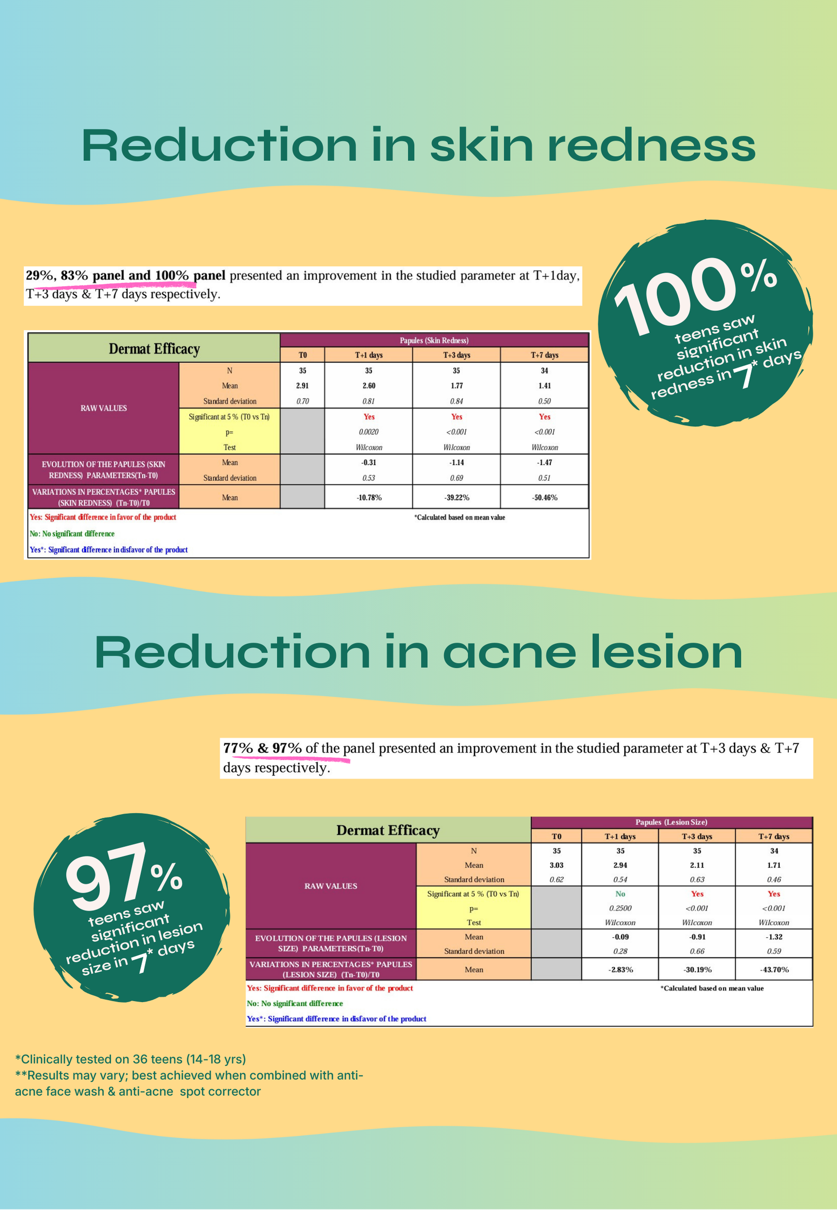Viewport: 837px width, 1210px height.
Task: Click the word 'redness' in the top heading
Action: [651, 145]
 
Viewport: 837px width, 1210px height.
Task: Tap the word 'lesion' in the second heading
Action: [666, 652]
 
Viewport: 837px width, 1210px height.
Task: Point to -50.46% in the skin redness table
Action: [544, 497]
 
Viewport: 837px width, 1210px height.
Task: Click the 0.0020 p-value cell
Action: [369, 432]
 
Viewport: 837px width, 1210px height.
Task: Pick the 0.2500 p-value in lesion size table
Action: [620, 908]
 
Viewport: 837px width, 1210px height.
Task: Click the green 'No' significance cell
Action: [620, 894]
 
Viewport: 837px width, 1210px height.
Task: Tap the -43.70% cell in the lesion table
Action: [774, 969]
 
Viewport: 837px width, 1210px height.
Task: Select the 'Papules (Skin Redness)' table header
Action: [434, 340]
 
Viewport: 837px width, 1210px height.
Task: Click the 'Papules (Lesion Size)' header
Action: [671, 822]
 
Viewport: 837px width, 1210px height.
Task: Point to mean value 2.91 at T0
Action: [302, 385]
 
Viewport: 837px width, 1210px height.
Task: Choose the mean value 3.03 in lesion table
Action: [556, 865]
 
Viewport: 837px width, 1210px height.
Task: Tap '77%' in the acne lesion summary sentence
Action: [238, 748]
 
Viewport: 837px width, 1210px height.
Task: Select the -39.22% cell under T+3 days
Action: [457, 497]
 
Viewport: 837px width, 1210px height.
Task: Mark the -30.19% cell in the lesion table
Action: [697, 969]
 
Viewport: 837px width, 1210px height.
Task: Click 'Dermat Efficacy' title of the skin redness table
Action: [154, 349]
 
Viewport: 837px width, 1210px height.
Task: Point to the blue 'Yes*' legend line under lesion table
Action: [336, 1019]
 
